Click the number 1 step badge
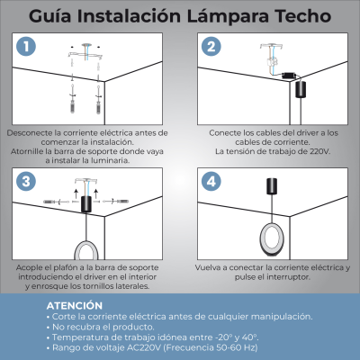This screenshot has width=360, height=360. [x=29, y=47]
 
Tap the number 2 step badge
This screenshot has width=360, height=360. [x=211, y=47]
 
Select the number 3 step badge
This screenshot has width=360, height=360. [x=29, y=181]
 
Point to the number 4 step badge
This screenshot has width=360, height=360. [x=211, y=181]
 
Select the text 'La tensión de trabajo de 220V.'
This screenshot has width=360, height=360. [x=273, y=150]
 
